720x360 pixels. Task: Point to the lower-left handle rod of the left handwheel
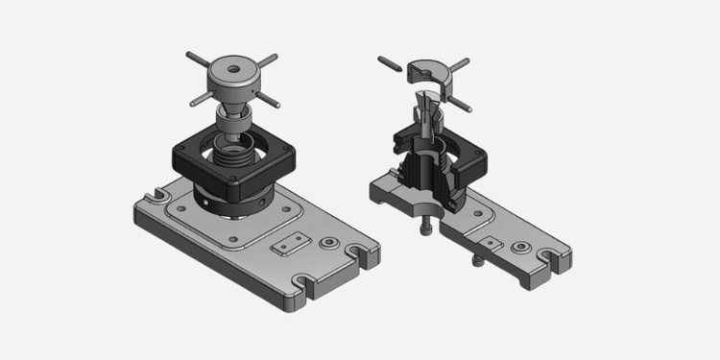coord(199,97)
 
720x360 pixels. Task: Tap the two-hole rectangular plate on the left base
coord(291,244)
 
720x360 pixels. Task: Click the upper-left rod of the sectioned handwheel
coord(391,65)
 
